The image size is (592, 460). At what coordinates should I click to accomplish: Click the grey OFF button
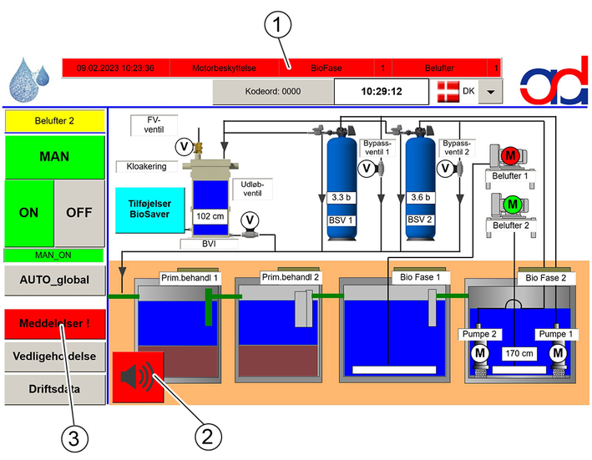click(79, 213)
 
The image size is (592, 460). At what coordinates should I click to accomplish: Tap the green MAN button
click(55, 157)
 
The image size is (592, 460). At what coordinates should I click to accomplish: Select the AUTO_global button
click(55, 280)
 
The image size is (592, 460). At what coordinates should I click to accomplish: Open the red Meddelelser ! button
click(55, 323)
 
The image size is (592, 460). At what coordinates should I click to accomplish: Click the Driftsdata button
click(55, 389)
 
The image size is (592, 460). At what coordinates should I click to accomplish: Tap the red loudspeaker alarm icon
click(138, 377)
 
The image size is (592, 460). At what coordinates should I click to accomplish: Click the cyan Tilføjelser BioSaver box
click(150, 210)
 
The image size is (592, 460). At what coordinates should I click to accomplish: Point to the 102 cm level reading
click(210, 216)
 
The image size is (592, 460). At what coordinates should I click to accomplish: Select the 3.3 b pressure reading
click(341, 197)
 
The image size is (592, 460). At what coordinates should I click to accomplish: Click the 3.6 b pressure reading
click(420, 197)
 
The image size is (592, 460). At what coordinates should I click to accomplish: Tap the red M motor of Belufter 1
click(510, 155)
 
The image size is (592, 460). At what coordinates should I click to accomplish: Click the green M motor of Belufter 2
click(513, 205)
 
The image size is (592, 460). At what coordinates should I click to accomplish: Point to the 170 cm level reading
click(519, 354)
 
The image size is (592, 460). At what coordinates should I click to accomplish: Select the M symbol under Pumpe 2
click(480, 353)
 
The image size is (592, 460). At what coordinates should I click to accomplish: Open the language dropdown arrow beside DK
click(490, 92)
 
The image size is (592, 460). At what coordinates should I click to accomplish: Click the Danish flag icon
click(448, 92)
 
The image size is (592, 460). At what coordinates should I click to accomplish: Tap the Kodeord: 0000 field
click(273, 91)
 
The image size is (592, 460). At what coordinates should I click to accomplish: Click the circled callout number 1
click(278, 25)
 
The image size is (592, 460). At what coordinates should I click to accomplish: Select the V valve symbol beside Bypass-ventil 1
click(367, 169)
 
